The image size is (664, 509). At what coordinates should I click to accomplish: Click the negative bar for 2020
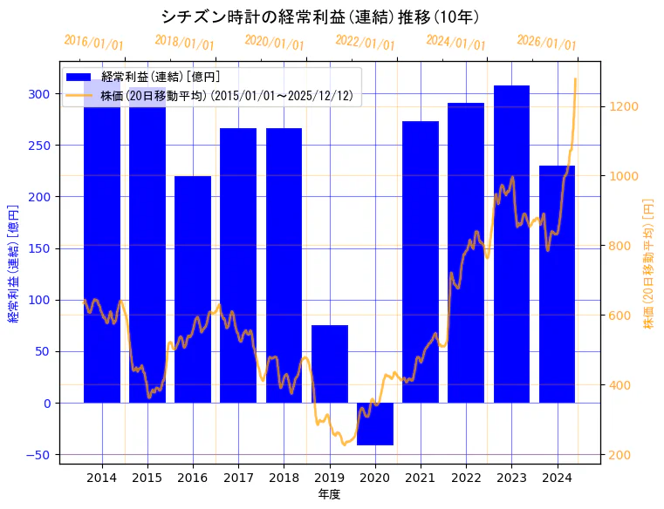coord(375,424)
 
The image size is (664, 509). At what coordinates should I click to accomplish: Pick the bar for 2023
coord(511,244)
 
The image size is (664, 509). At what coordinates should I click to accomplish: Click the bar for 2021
coord(421,261)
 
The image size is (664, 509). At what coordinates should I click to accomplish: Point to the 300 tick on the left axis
coord(39,94)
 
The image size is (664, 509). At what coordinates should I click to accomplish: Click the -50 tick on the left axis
coord(38,455)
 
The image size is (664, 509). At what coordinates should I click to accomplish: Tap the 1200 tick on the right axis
coord(626,106)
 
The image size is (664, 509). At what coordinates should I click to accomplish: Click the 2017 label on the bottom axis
coord(238,478)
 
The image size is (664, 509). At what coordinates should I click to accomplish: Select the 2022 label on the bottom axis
coord(466,478)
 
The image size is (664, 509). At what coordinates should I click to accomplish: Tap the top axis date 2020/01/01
coord(275,42)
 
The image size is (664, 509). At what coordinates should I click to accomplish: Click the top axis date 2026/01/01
coord(546,42)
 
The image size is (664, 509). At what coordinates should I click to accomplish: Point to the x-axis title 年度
coord(329,494)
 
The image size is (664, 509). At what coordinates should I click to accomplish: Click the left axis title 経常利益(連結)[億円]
coord(13,263)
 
